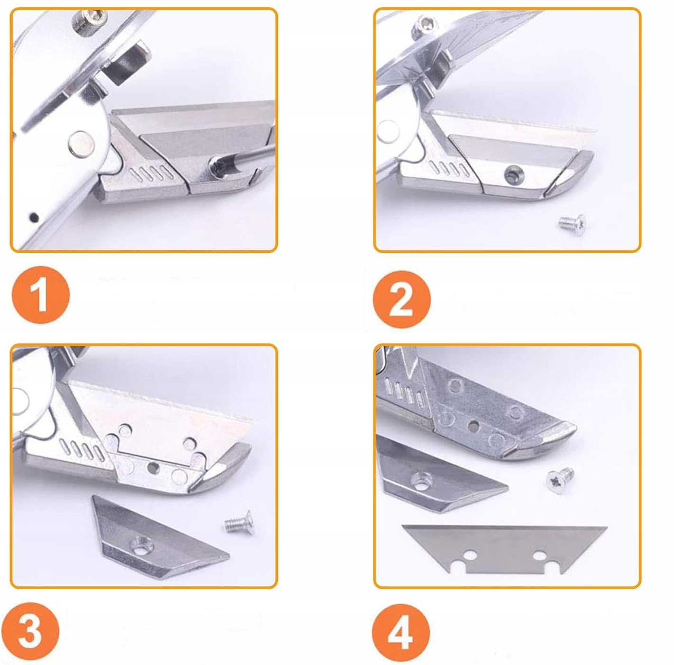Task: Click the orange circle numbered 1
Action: (x=41, y=294)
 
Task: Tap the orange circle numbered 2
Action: (x=401, y=299)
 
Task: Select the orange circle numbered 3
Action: (x=30, y=630)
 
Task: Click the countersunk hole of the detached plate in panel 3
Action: (x=143, y=546)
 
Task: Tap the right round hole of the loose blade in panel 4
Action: (x=540, y=555)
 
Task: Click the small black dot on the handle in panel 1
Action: (x=34, y=217)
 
